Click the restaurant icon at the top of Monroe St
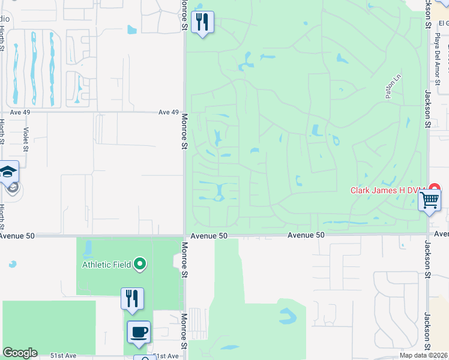pos(202,23)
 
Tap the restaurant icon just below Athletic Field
pos(132,298)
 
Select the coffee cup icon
pos(139,332)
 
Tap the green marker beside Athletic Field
pos(140,263)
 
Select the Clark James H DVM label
pos(387,190)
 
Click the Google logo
pos(20,353)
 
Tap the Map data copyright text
pos(424,355)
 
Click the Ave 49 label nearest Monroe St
pos(169,112)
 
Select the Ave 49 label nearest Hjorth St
pos(20,112)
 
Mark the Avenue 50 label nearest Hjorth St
pos(17,236)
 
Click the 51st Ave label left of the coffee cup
pos(63,356)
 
